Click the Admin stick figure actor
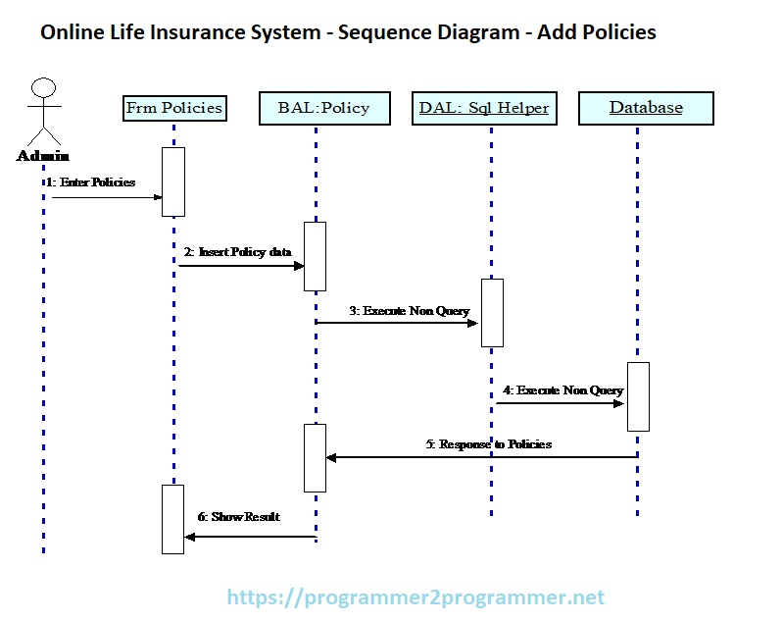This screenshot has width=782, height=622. [x=42, y=113]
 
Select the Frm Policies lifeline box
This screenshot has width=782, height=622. [x=174, y=108]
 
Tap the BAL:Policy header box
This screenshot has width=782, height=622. [x=325, y=108]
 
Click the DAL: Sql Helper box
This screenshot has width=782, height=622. [x=484, y=108]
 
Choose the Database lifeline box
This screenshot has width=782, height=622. [x=646, y=108]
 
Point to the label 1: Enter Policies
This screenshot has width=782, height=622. [x=90, y=182]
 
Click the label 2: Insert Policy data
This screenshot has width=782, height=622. [x=238, y=252]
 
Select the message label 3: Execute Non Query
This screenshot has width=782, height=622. [x=410, y=311]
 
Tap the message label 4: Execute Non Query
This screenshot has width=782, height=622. [x=562, y=390]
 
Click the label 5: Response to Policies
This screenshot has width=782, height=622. [x=489, y=444]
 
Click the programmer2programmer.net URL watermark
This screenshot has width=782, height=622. [x=415, y=596]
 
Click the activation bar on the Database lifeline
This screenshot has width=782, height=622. [x=638, y=396]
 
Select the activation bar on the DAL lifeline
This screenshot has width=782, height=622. [x=491, y=313]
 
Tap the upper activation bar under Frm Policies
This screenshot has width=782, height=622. [x=173, y=181]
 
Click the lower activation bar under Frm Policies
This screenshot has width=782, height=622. [x=172, y=518]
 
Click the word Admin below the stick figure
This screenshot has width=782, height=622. [x=43, y=156]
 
